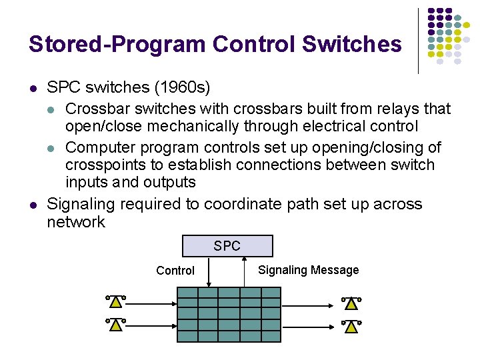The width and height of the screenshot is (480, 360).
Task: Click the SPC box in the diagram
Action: (x=227, y=246)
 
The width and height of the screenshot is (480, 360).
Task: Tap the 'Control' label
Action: (x=175, y=271)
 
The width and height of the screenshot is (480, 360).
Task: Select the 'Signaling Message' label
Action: (x=308, y=270)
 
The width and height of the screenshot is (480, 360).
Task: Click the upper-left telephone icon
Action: (x=115, y=301)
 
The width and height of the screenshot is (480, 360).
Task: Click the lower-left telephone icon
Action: (x=115, y=325)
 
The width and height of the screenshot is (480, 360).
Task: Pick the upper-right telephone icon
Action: (x=351, y=304)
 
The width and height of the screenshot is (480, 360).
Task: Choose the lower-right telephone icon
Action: (x=351, y=327)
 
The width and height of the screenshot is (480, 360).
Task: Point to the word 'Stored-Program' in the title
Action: (x=117, y=45)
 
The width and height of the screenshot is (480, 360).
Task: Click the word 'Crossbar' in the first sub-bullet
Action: (x=94, y=108)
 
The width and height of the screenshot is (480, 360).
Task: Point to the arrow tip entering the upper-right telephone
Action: (x=333, y=304)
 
